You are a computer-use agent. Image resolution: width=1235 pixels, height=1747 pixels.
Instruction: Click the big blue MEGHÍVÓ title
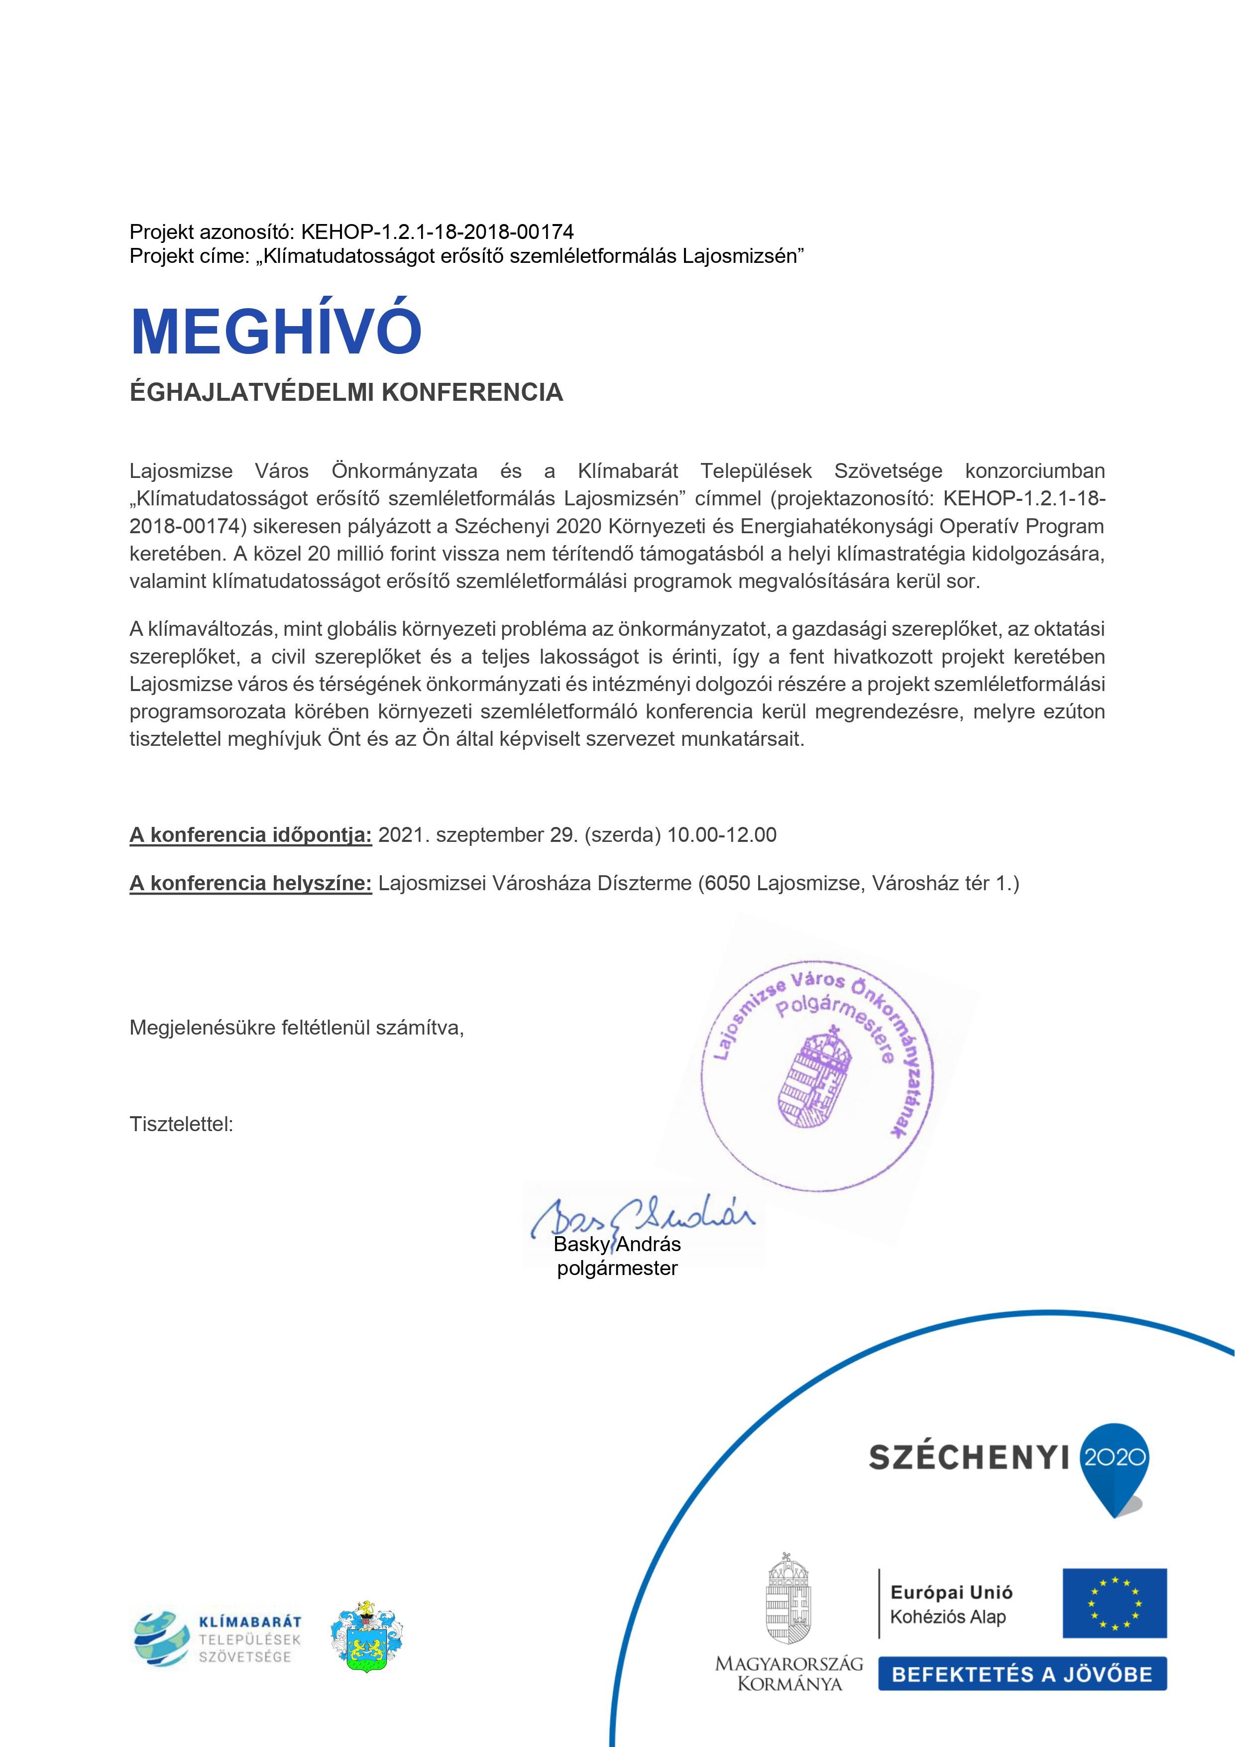coord(276,331)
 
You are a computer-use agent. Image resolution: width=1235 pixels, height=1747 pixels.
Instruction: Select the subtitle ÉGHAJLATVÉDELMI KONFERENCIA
coord(346,393)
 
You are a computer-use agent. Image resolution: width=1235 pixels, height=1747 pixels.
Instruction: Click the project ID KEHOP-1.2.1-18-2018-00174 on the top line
coord(438,232)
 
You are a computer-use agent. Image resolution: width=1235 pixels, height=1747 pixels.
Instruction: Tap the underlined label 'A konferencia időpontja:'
coord(250,835)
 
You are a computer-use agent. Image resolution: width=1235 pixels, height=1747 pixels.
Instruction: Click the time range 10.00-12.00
coord(721,835)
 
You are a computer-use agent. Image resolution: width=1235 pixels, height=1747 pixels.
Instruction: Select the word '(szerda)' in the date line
coord(622,835)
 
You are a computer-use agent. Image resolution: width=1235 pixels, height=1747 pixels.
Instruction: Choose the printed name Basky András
coord(617,1244)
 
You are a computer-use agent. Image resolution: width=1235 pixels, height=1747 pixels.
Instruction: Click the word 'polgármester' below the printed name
coord(617,1269)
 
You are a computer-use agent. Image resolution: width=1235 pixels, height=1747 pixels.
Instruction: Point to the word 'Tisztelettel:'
coord(181,1124)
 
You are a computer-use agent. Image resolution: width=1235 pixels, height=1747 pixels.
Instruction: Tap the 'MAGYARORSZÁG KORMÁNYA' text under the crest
coord(789,1673)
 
